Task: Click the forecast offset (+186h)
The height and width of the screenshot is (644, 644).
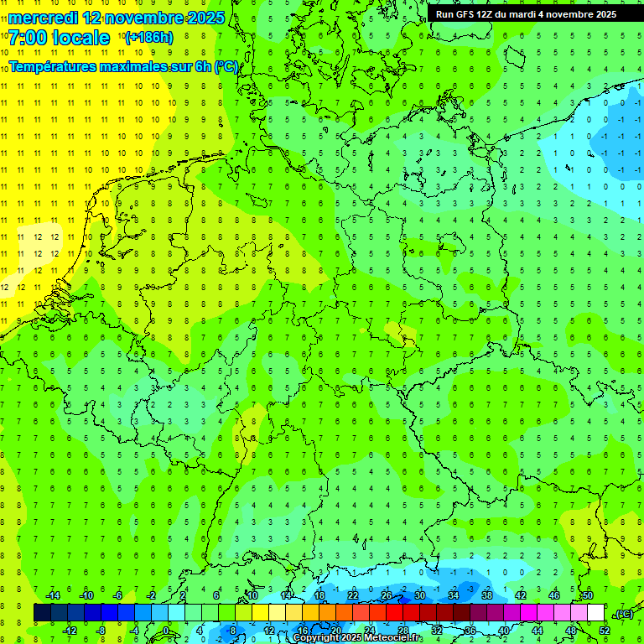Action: pyautogui.click(x=148, y=38)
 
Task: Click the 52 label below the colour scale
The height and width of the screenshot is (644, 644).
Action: pyautogui.click(x=605, y=631)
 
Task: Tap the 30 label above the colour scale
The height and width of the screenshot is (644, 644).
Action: pyautogui.click(x=419, y=595)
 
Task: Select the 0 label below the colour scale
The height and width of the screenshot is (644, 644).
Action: pyautogui.click(x=166, y=631)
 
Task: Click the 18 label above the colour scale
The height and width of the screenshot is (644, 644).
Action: pyautogui.click(x=319, y=595)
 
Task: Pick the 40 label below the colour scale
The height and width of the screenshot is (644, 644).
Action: pyautogui.click(x=503, y=631)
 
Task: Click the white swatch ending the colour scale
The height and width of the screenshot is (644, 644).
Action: pyautogui.click(x=595, y=613)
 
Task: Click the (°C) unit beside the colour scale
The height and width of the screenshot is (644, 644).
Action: pyautogui.click(x=624, y=614)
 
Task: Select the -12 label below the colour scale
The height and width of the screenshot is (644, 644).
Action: pyautogui.click(x=70, y=631)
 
